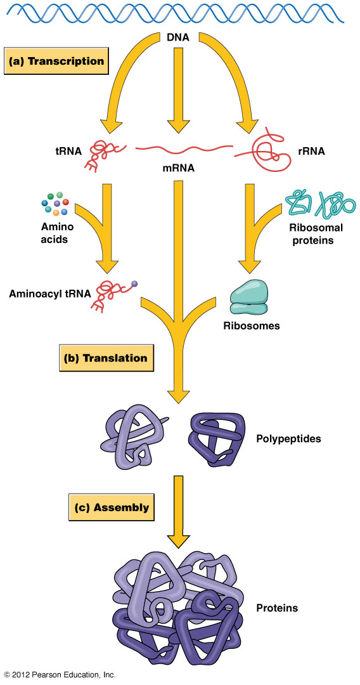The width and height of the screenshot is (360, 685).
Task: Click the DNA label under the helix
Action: coord(178,37)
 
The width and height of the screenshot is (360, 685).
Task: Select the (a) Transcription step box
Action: coord(56,61)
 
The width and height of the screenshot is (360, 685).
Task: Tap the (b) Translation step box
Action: coord(106,358)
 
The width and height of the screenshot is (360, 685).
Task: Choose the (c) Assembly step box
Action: coord(112,507)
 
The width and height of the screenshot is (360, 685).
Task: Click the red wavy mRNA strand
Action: coord(183,150)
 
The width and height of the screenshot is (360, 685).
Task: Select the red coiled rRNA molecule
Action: coord(262,152)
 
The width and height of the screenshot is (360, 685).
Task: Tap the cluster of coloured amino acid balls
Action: coord(55,204)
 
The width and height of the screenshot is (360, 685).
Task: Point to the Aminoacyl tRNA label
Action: coord(49,294)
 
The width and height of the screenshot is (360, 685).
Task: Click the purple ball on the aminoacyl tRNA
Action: coord(134,284)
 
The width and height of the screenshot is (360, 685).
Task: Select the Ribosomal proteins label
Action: coord(316,233)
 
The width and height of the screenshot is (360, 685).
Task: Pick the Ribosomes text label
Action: coord(252,325)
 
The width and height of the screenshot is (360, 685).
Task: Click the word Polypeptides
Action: coord(288,438)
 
